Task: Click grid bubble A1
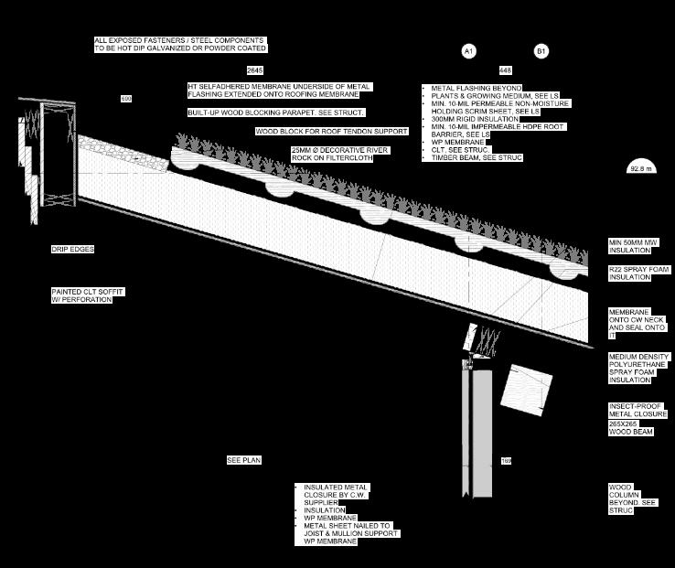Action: [469, 51]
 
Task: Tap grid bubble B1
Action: [541, 51]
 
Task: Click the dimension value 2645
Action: [255, 70]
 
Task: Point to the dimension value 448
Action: [505, 70]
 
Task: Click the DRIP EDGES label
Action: [72, 249]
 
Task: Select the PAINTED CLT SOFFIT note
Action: [87, 295]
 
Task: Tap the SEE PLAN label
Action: [244, 460]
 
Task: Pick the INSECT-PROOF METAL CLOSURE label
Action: [638, 411]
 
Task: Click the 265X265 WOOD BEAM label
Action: [631, 428]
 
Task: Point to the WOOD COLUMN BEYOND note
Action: [633, 499]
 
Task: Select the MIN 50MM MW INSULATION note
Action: [634, 246]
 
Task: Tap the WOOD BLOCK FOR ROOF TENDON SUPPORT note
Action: [331, 132]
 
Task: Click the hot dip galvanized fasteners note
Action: [180, 45]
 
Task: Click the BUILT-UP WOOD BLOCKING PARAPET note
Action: [276, 113]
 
